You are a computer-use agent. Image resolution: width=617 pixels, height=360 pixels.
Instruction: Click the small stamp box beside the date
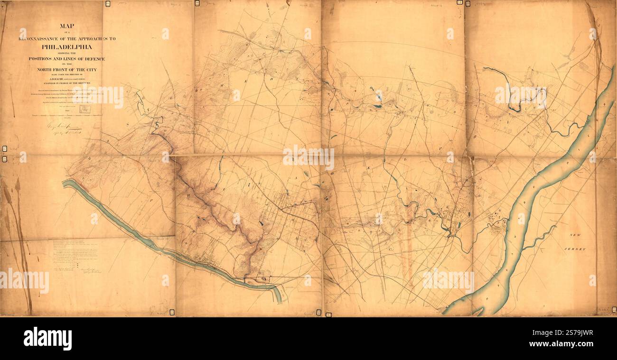84,109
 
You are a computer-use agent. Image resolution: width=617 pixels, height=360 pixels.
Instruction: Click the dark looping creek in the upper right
515,95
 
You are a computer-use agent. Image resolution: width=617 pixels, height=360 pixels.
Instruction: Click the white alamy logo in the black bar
47,339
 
